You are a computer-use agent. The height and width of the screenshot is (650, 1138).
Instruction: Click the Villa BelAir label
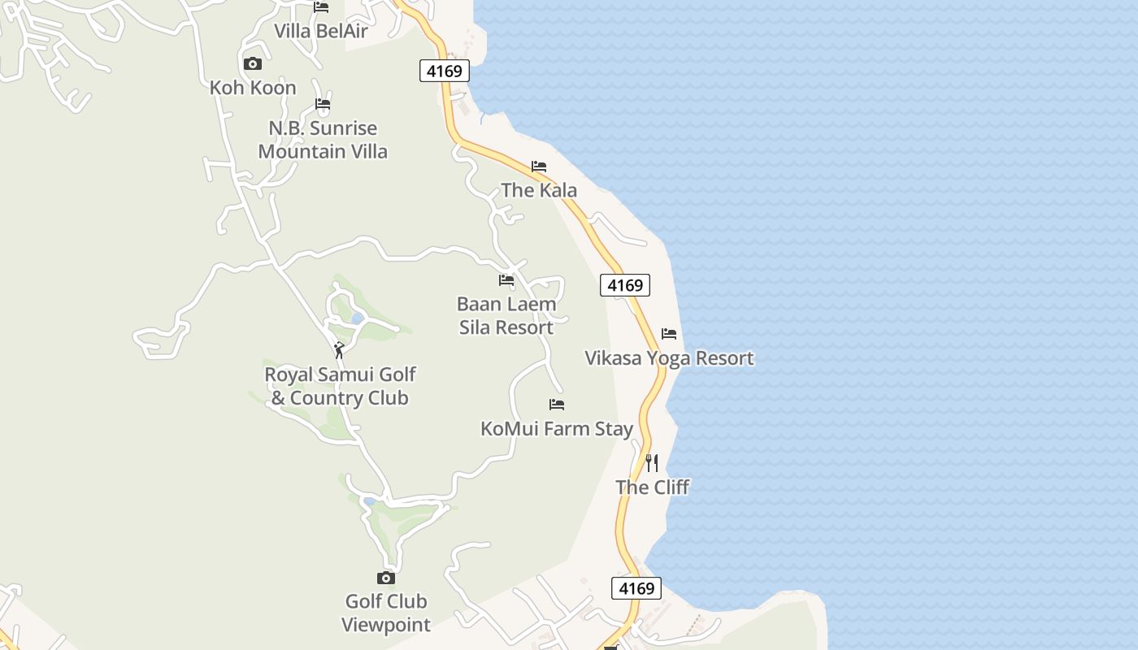[321, 32]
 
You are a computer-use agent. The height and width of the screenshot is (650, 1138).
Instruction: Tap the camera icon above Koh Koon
[253, 63]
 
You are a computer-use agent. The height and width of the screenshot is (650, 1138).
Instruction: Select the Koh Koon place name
[253, 88]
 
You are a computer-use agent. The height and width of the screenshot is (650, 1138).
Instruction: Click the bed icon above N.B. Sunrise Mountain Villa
[323, 104]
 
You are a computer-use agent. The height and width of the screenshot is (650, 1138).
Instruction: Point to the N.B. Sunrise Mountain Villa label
[323, 140]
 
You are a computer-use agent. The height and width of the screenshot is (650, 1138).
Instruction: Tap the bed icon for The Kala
[539, 167]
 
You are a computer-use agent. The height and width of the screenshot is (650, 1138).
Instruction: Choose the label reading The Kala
[539, 190]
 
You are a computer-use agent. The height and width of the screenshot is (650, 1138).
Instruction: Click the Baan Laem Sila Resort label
[506, 315]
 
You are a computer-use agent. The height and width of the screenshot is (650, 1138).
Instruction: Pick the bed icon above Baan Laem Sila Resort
[506, 280]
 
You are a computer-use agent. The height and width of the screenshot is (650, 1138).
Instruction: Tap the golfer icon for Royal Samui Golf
[339, 350]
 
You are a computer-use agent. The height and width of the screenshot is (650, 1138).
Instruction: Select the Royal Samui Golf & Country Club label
[340, 386]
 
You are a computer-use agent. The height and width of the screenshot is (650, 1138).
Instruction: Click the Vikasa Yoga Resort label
[669, 358]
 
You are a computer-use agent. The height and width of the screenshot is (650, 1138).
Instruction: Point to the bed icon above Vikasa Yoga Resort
[669, 334]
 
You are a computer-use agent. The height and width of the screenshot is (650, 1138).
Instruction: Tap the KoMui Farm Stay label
[557, 428]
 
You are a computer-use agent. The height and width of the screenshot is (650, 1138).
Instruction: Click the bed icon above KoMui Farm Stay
[557, 405]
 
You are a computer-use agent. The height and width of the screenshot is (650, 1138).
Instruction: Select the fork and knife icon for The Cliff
[652, 463]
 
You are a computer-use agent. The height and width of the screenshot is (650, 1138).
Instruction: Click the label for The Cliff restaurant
[652, 487]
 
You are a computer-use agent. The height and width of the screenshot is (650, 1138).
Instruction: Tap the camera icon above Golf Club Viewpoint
[386, 578]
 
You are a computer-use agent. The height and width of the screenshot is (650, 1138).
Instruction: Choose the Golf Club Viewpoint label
[386, 613]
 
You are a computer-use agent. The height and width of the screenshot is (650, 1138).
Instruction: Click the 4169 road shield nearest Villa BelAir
[445, 71]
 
